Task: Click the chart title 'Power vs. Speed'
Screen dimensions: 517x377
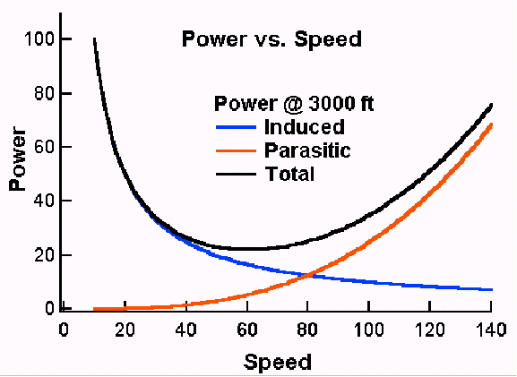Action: [x=271, y=39]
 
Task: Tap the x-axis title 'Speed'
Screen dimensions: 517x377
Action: [x=277, y=363]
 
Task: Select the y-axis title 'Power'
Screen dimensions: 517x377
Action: [x=18, y=159]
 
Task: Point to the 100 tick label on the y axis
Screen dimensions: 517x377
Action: [x=39, y=39]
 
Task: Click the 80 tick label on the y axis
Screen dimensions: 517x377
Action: [x=44, y=94]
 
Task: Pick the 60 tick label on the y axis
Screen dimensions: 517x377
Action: [x=44, y=147]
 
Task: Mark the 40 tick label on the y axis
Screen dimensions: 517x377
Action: [x=44, y=201]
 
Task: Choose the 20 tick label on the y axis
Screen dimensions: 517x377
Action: [x=44, y=255]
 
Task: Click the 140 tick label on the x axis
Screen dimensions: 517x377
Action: [x=491, y=330]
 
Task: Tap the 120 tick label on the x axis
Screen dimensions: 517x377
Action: [x=429, y=330]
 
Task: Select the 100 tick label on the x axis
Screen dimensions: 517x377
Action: [x=368, y=330]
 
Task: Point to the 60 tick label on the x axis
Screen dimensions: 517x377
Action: [x=247, y=330]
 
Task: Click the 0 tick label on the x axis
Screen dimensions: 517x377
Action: [x=64, y=330]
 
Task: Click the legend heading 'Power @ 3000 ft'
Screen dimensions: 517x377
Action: [x=294, y=104]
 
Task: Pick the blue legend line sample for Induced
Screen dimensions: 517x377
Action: [x=236, y=127]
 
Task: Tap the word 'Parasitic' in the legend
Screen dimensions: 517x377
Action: [x=307, y=150]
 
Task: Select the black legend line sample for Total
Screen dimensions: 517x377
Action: [x=236, y=174]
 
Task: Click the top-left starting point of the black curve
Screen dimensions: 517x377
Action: [x=94, y=39]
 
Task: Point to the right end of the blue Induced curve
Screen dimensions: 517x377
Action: [x=492, y=289]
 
